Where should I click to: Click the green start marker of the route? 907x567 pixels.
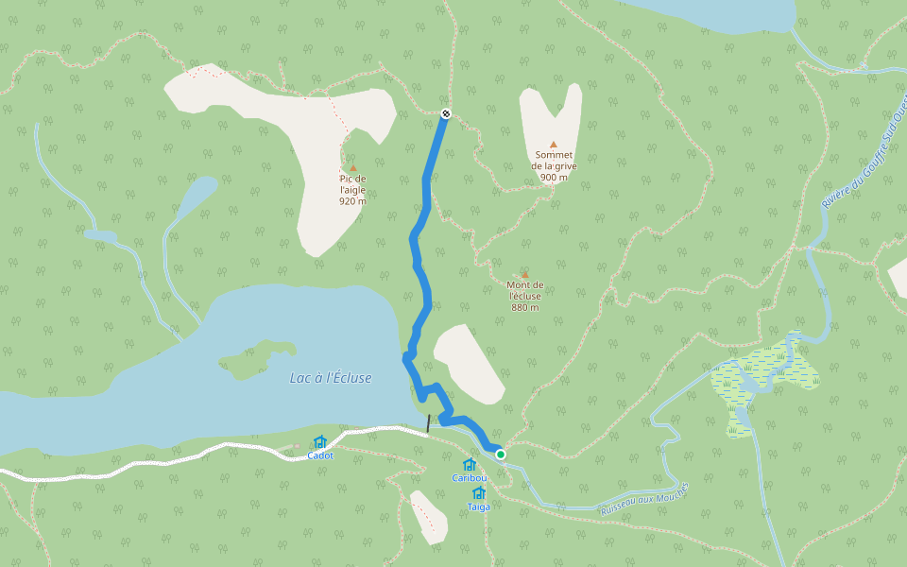(x=501, y=455)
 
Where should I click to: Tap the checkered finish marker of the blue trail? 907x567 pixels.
(x=446, y=113)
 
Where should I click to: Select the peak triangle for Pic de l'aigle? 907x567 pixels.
(x=353, y=168)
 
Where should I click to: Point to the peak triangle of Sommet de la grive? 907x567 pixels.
(x=554, y=145)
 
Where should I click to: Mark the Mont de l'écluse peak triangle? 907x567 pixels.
(x=525, y=275)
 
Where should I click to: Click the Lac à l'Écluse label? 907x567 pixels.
(x=331, y=378)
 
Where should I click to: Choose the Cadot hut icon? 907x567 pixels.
(x=319, y=441)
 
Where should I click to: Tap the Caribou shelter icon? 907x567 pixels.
(x=470, y=464)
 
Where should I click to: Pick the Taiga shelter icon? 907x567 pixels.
(x=479, y=492)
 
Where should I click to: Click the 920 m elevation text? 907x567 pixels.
(x=352, y=200)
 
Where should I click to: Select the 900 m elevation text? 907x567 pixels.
(x=554, y=177)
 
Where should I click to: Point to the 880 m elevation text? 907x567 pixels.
(x=525, y=307)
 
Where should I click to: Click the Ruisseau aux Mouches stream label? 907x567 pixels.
(x=644, y=500)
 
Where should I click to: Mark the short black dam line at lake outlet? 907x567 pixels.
(x=428, y=422)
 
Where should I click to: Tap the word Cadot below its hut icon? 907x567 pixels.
(x=320, y=455)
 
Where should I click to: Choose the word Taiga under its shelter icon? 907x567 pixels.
(x=479, y=507)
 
